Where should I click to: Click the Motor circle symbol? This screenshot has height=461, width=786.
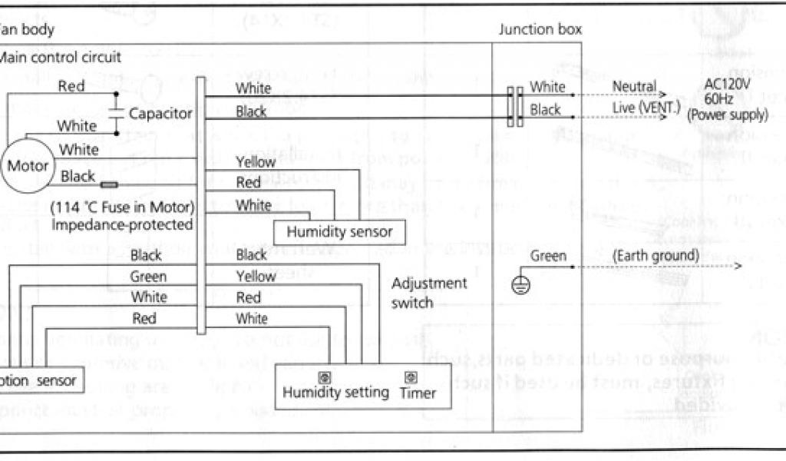(28, 165)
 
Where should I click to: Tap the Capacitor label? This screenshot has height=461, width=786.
(160, 114)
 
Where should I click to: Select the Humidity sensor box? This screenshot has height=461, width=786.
(339, 231)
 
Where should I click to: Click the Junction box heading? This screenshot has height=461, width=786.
(540, 30)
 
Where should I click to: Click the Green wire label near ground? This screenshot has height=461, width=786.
(548, 256)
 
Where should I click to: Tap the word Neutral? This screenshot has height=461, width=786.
(634, 87)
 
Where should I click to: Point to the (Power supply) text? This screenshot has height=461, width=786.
(728, 115)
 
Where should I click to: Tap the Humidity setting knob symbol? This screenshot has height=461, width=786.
(323, 376)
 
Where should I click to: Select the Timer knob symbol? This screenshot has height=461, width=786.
(411, 376)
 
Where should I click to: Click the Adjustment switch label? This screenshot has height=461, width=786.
(429, 293)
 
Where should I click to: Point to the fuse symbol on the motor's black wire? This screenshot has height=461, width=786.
(109, 184)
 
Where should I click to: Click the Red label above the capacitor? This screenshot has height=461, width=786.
(71, 86)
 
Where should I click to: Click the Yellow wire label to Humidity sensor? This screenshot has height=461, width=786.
(256, 162)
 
